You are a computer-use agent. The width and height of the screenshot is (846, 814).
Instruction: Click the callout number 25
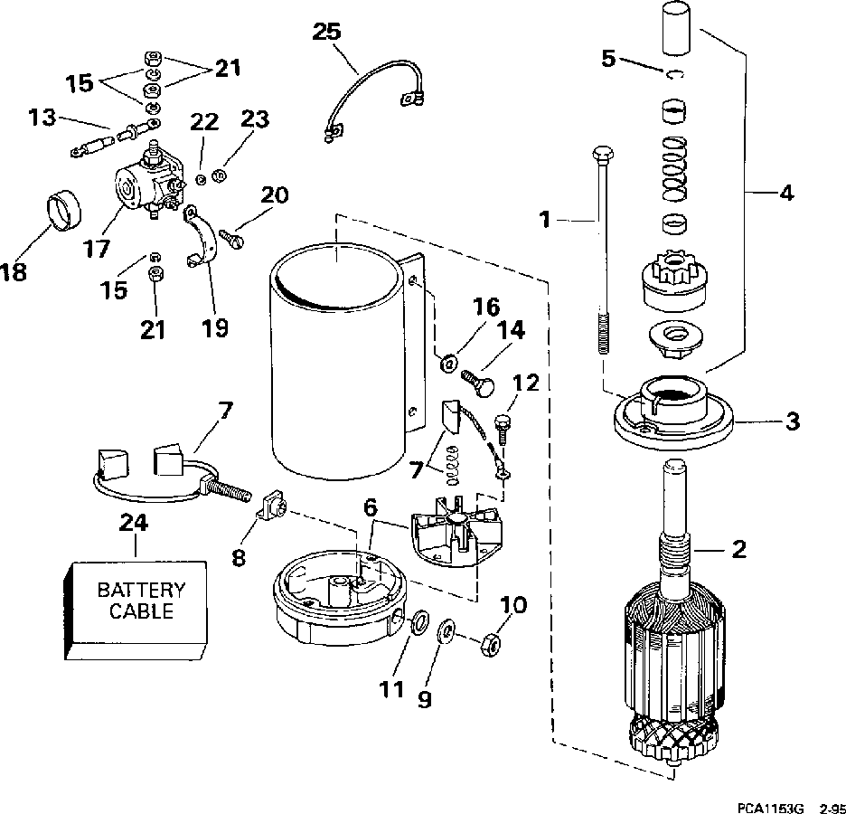(x=327, y=32)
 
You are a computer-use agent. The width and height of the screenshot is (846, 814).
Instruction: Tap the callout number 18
(x=14, y=272)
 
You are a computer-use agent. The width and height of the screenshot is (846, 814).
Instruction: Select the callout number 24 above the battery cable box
(x=134, y=522)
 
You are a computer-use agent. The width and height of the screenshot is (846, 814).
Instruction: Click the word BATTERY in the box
(x=141, y=590)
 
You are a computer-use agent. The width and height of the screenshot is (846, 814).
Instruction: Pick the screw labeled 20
(x=231, y=238)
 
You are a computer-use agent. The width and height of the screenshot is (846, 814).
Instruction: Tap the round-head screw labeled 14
(x=477, y=383)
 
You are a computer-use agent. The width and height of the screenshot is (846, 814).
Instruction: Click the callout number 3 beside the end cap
(x=792, y=421)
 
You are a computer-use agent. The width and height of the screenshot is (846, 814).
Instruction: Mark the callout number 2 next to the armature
(x=738, y=549)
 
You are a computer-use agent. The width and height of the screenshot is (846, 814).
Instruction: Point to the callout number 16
(x=486, y=307)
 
